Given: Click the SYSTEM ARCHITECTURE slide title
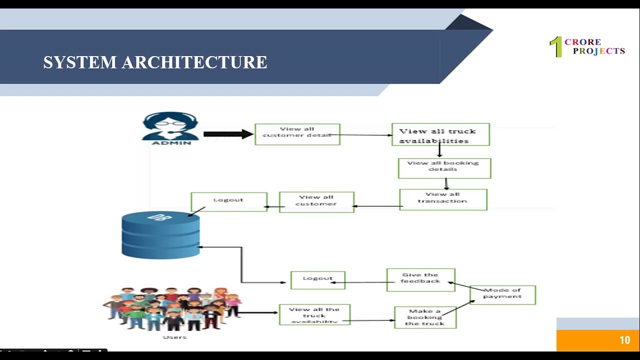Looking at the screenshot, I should pyautogui.click(x=155, y=62).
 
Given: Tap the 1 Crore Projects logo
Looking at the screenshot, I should pyautogui.click(x=587, y=47).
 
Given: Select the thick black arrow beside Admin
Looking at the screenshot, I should pyautogui.click(x=228, y=134).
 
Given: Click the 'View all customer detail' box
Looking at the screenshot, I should pyautogui.click(x=297, y=134).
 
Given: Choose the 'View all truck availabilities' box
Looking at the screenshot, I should pyautogui.click(x=440, y=134).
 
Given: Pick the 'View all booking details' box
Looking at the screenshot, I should pyautogui.click(x=444, y=168).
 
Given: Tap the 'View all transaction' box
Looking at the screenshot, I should pyautogui.click(x=443, y=199).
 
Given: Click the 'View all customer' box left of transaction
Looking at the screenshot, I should pyautogui.click(x=316, y=202).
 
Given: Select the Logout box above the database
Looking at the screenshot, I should pyautogui.click(x=229, y=201).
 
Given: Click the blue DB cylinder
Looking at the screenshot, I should pyautogui.click(x=160, y=235).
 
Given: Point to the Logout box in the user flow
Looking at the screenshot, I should pyautogui.click(x=318, y=280).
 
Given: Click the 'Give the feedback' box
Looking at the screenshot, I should pyautogui.click(x=420, y=279).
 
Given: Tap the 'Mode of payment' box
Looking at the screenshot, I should pyautogui.click(x=502, y=294).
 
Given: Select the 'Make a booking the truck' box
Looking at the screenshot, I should pyautogui.click(x=425, y=317).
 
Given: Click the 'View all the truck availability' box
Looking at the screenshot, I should pyautogui.click(x=314, y=315).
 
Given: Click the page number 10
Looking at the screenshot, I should pyautogui.click(x=624, y=340).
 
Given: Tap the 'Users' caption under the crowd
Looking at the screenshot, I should pyautogui.click(x=174, y=337).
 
